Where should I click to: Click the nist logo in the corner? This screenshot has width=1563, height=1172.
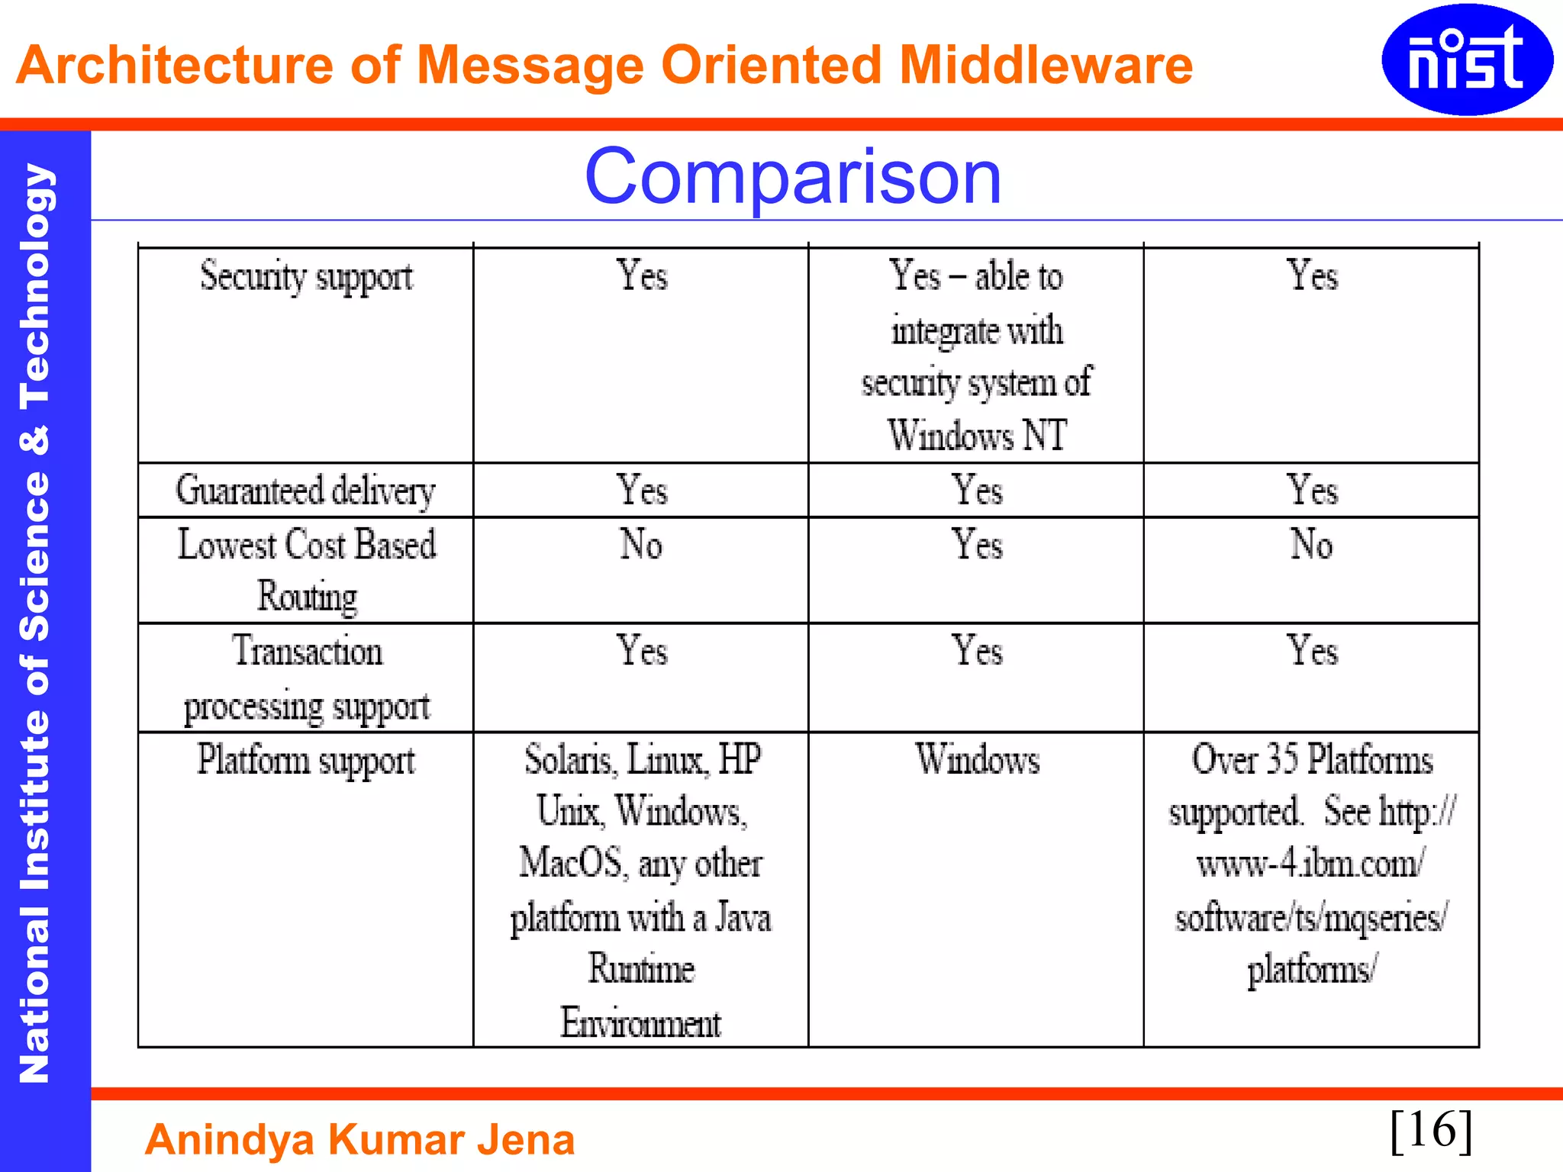click(x=1467, y=60)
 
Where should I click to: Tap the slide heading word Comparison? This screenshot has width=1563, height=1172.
click(x=792, y=177)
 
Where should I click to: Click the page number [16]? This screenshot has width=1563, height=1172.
click(x=1431, y=1130)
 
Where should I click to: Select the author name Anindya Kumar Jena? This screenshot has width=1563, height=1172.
click(x=359, y=1139)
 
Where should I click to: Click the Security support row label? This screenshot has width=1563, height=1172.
click(x=306, y=276)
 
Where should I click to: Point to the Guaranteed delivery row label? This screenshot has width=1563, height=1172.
click(x=305, y=491)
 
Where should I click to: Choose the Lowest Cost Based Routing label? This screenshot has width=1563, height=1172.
click(x=307, y=570)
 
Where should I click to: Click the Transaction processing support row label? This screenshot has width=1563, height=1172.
click(x=307, y=678)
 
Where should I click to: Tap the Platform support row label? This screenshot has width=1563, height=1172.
click(x=306, y=761)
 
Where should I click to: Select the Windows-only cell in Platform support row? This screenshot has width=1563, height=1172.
click(x=977, y=760)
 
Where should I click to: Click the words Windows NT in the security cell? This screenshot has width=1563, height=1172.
click(x=977, y=436)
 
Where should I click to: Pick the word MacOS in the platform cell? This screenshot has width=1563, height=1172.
click(x=570, y=863)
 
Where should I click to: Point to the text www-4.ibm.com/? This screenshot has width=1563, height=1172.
click(x=1310, y=864)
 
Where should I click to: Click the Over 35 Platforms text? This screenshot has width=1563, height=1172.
click(x=1312, y=760)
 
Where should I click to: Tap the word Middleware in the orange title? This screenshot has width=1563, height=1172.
click(x=1046, y=65)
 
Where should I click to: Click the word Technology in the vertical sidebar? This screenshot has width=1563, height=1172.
click(x=34, y=284)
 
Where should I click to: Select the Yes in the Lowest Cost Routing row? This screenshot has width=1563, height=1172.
click(x=977, y=545)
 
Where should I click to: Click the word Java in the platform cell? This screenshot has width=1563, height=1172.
click(x=743, y=917)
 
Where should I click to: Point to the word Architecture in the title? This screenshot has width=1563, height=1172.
click(x=174, y=65)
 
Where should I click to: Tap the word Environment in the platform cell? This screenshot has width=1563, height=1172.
click(x=640, y=1022)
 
